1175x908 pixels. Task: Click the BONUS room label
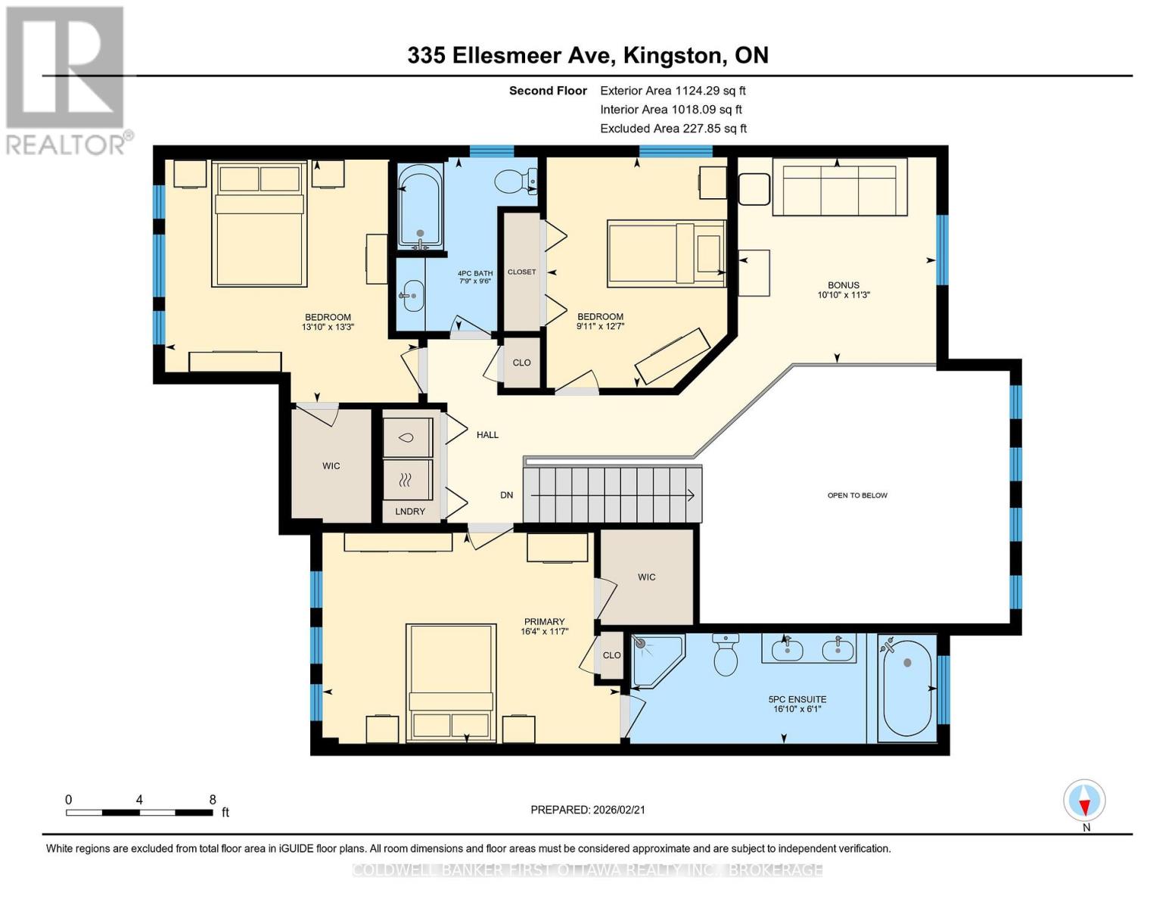tap(843, 285)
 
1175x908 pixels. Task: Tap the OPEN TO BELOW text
tap(857, 495)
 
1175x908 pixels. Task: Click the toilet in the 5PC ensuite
tap(726, 655)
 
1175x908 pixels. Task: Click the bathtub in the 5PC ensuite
tap(907, 687)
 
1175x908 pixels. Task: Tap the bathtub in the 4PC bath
tap(420, 207)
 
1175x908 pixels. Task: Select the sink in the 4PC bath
tap(412, 296)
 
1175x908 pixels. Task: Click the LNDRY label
tap(410, 511)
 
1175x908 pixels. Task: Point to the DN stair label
tap(507, 495)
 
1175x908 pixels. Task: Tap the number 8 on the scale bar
tap(213, 799)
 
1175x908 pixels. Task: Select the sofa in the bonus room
tap(840, 187)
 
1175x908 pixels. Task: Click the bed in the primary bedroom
tap(451, 683)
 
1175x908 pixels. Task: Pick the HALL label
tap(487, 434)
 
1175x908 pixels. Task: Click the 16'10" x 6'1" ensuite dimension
tap(797, 708)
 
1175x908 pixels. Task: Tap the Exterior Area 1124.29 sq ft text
tap(673, 91)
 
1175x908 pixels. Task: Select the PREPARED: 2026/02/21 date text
tap(588, 810)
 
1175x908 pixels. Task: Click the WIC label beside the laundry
tap(331, 465)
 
